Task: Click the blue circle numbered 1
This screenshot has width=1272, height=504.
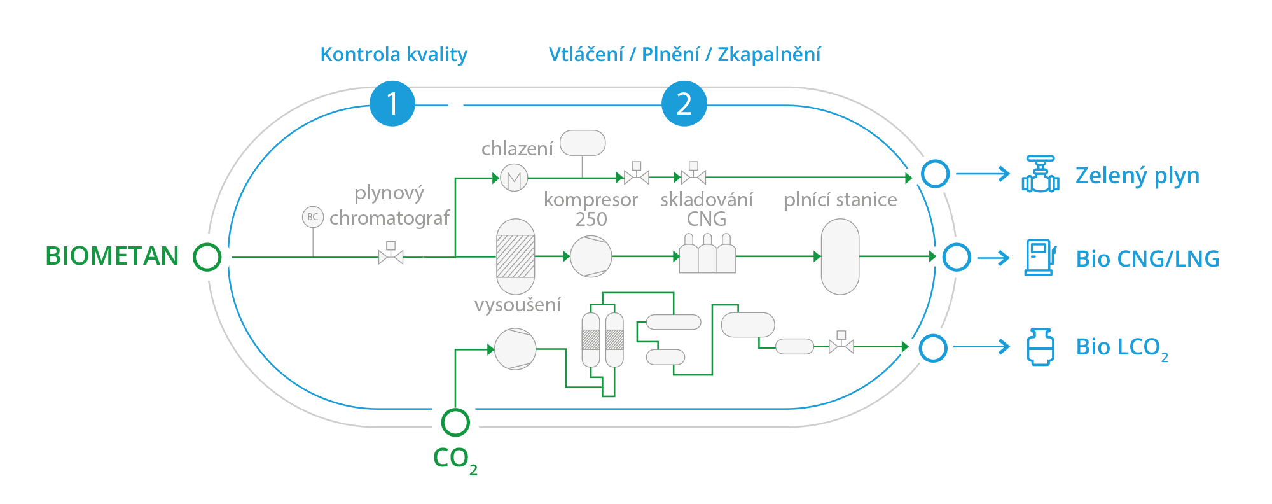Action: pos(392,104)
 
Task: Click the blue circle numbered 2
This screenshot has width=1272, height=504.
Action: pos(684,104)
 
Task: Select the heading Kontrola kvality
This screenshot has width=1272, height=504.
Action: pos(394,55)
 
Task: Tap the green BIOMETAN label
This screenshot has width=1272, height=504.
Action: pos(112,256)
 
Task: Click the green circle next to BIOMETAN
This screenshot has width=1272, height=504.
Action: pos(207,257)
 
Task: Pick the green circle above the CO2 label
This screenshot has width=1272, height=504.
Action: pos(455,422)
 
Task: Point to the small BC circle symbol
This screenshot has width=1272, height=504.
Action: pos(313,217)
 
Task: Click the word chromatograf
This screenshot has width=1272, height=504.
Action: pos(389,218)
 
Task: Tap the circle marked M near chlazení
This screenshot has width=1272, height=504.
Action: pos(514,178)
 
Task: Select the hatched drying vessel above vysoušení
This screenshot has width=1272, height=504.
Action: pos(515,256)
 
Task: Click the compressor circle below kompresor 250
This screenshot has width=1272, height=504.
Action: pos(591,256)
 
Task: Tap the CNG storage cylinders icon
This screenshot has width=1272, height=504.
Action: pos(707,254)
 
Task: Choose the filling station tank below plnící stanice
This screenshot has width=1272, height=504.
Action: pos(840,256)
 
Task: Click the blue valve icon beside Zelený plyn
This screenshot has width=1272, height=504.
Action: pos(1040,174)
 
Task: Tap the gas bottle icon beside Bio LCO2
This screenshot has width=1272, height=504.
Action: pos(1040,347)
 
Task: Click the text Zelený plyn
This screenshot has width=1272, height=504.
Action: pos(1137,176)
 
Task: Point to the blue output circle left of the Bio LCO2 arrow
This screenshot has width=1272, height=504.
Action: pos(933,348)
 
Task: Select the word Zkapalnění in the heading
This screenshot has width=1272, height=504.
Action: pos(769,55)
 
